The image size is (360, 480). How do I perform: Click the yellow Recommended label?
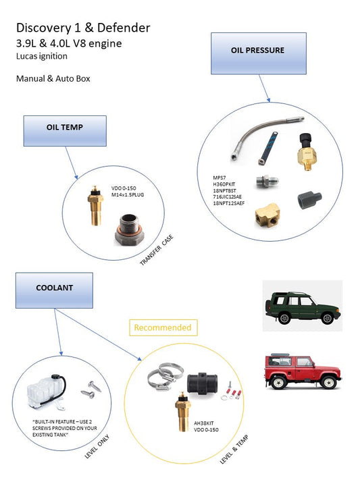[162, 328]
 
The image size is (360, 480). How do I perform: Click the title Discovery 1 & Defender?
[83, 28]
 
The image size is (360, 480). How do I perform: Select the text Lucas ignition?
[45, 57]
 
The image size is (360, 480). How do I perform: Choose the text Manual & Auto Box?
[53, 78]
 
